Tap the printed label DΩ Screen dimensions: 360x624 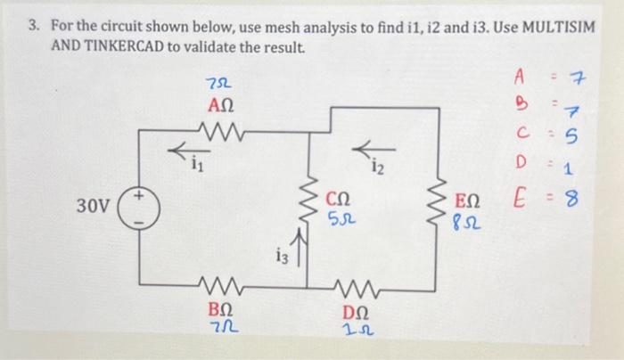tap(359, 313)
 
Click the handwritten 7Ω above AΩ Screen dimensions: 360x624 tap(215, 85)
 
